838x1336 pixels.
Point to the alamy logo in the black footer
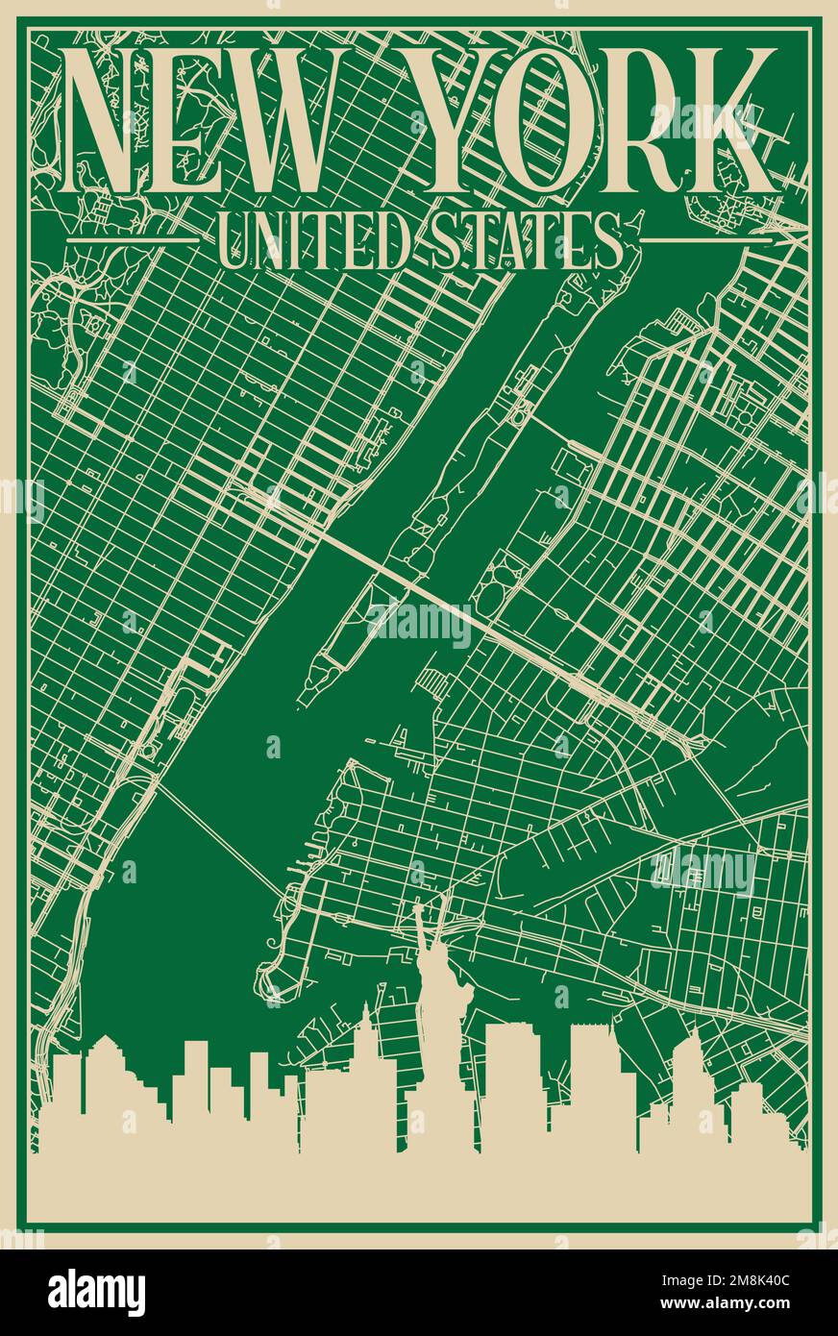click(x=97, y=1292)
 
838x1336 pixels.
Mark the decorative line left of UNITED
click(x=130, y=238)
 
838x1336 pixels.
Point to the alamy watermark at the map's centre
click(x=419, y=626)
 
